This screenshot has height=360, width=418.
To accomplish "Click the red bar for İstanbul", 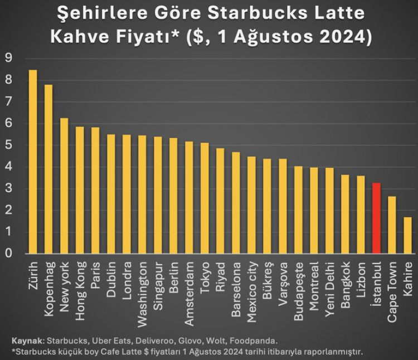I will [376, 218].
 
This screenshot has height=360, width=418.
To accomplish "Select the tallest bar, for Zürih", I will [33, 162].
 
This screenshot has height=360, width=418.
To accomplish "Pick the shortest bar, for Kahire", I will [407, 235].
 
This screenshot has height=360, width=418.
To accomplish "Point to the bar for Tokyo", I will [205, 198].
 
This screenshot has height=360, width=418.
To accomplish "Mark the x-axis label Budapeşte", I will [298, 285].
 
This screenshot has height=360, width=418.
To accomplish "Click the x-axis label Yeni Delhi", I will [329, 284].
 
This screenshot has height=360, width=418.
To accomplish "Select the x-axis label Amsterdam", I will [189, 285].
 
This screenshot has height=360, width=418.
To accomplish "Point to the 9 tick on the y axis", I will [8, 58].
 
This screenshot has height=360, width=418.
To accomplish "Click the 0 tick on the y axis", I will [8, 254].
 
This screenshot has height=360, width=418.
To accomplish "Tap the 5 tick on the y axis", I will [8, 145].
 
